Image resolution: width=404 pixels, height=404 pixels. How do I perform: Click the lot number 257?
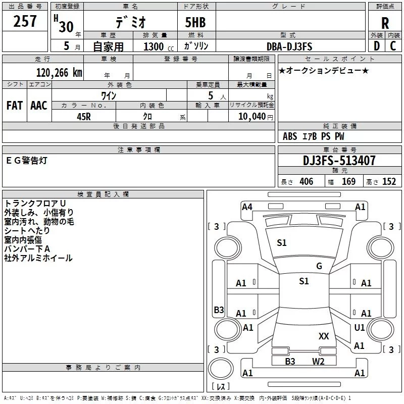25,21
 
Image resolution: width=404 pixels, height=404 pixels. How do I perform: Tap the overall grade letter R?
385,23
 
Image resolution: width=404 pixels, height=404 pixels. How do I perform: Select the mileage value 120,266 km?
59,73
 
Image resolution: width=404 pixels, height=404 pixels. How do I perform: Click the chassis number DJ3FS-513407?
339,161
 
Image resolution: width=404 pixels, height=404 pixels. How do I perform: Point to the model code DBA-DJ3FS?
289,46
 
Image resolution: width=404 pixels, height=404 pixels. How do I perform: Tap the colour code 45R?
83,116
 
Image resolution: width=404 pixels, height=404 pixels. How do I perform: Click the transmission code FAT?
15,106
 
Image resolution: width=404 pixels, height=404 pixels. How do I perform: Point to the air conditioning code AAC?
38,106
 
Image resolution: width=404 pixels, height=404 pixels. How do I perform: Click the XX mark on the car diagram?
324,336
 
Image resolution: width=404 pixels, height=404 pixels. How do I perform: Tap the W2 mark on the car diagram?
318,361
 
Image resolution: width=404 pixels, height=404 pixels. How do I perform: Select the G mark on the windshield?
319,266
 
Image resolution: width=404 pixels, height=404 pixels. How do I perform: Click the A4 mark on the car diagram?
247,207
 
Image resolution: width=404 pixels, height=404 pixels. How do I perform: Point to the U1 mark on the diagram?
359,328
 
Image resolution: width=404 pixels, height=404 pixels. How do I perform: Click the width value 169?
348,182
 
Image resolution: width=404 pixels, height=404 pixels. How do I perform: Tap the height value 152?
389,182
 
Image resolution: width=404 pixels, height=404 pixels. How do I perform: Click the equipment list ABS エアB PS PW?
314,136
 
